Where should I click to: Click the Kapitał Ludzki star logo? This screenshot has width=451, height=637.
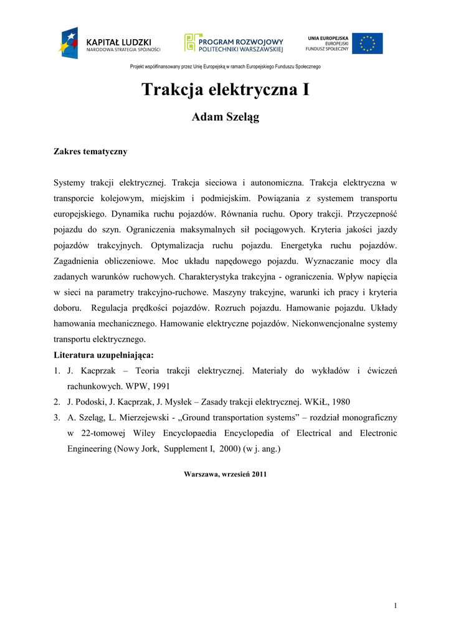(x=69, y=43)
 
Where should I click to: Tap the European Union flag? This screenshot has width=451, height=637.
(x=368, y=44)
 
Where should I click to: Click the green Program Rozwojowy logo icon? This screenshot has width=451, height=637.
(x=190, y=42)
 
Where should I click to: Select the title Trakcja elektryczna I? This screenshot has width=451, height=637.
(x=225, y=90)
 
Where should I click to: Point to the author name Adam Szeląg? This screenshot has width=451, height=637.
(x=225, y=118)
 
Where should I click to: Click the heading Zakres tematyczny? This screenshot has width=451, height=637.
(x=90, y=151)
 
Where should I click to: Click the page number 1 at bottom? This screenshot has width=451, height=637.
(x=395, y=606)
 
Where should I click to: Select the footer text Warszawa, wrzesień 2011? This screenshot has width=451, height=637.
(x=225, y=474)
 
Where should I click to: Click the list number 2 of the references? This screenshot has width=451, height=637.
(x=56, y=401)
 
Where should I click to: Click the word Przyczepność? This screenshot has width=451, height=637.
(x=368, y=214)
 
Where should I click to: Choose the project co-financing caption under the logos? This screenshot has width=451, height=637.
(x=225, y=67)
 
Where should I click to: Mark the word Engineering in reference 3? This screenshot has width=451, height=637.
(x=89, y=449)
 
